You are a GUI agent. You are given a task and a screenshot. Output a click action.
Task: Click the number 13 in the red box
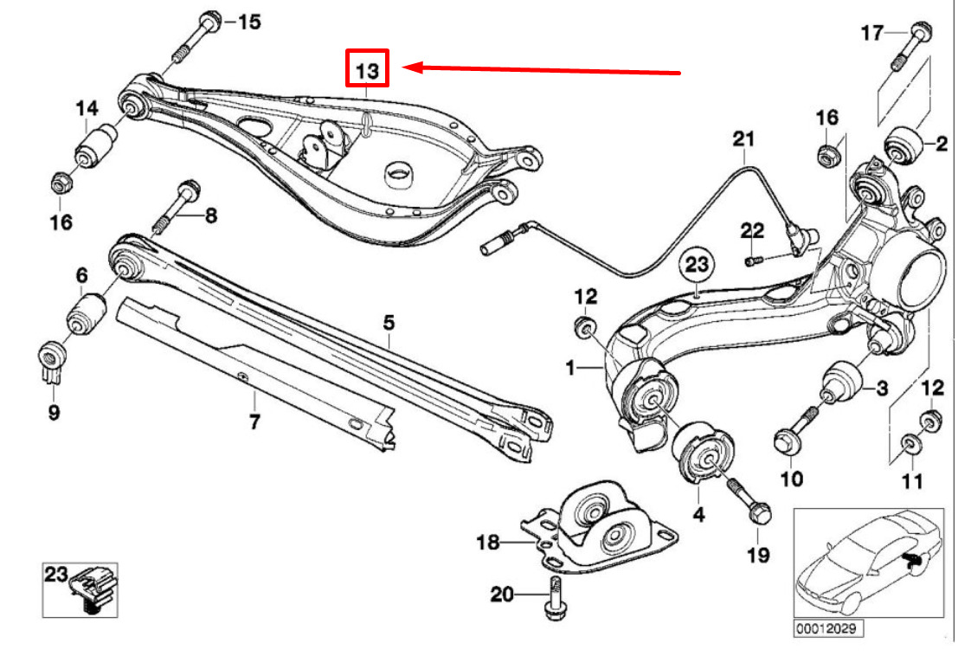click(x=368, y=68)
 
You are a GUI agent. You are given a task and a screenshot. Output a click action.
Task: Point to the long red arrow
click(x=545, y=69)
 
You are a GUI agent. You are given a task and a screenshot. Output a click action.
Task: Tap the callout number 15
click(x=248, y=22)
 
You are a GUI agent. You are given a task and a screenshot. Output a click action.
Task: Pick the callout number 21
click(x=744, y=138)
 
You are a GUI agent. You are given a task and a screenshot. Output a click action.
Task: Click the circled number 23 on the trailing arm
click(x=698, y=265)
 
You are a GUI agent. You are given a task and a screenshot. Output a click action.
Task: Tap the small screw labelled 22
click(x=754, y=259)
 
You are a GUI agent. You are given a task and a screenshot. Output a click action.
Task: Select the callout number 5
click(x=389, y=324)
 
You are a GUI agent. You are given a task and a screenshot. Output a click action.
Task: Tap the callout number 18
click(x=488, y=543)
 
